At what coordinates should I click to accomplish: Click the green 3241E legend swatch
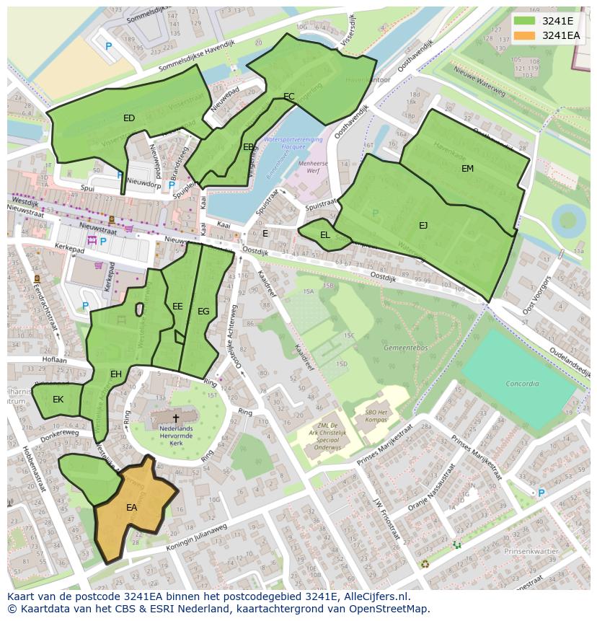click(525, 21)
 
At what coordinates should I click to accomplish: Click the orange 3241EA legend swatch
click(525, 35)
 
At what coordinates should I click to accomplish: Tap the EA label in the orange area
click(132, 508)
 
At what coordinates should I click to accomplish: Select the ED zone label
click(129, 118)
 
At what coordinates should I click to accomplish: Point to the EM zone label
click(468, 168)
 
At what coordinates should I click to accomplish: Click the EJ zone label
click(423, 226)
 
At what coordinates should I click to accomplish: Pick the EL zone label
click(325, 235)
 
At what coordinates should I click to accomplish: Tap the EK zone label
click(58, 400)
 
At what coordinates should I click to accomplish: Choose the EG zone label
click(203, 312)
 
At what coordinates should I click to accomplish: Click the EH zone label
click(116, 374)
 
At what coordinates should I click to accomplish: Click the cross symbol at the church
click(175, 418)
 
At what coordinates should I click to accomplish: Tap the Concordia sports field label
click(522, 384)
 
